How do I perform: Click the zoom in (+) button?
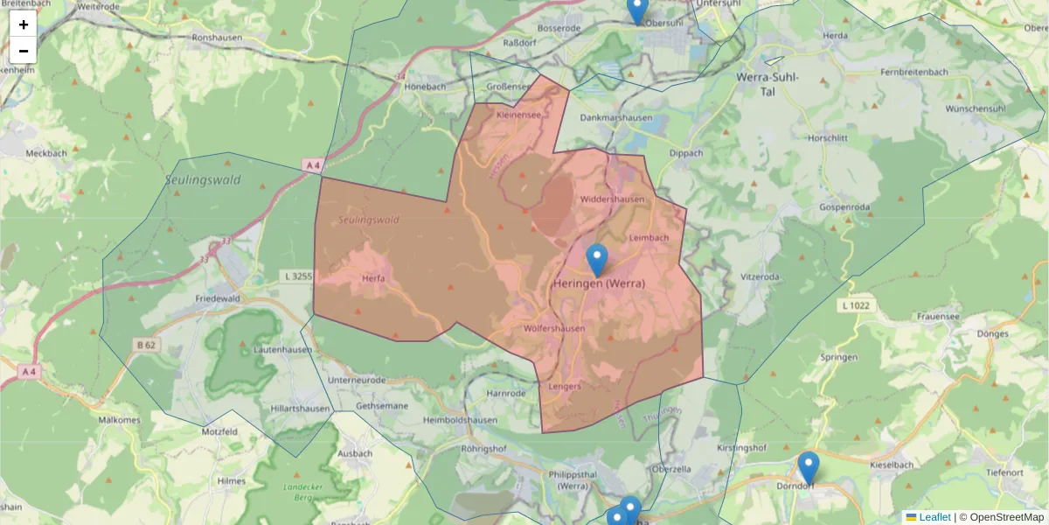click(24, 24)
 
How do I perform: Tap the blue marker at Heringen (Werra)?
click(597, 260)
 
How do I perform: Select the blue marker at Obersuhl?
click(638, 9)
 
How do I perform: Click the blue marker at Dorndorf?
click(809, 467)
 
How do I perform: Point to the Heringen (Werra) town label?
click(600, 283)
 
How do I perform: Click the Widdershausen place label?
click(612, 199)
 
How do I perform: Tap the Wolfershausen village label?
click(553, 329)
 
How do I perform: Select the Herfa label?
click(373, 279)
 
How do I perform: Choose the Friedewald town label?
click(218, 298)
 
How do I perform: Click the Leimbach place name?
click(649, 237)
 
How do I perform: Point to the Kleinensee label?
click(518, 115)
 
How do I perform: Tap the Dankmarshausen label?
click(615, 117)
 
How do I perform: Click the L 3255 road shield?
click(298, 276)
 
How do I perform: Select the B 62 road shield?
click(146, 346)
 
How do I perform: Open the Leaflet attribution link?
click(934, 517)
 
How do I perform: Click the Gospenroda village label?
click(844, 206)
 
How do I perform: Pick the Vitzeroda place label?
click(760, 276)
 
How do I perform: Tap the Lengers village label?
click(566, 386)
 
